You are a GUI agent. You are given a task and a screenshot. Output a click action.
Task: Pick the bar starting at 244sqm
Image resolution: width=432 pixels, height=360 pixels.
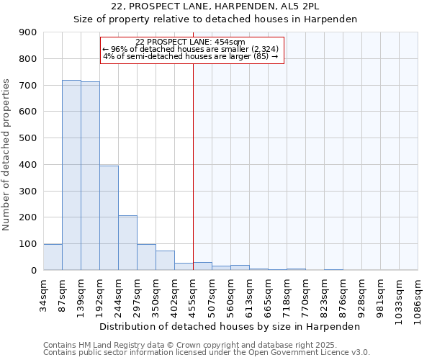click(127, 243)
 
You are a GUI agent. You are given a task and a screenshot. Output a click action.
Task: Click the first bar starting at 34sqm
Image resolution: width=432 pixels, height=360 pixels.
click(53, 257)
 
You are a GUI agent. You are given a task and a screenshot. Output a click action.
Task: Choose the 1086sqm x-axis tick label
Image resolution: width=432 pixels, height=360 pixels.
click(418, 299)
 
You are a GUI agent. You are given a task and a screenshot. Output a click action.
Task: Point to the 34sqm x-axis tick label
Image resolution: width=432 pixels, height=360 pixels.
click(44, 294)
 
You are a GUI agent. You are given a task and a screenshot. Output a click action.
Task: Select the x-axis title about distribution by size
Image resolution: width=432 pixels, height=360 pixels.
click(230, 326)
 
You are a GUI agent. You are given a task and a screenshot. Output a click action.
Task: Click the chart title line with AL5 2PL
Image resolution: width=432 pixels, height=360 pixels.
click(216, 6)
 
